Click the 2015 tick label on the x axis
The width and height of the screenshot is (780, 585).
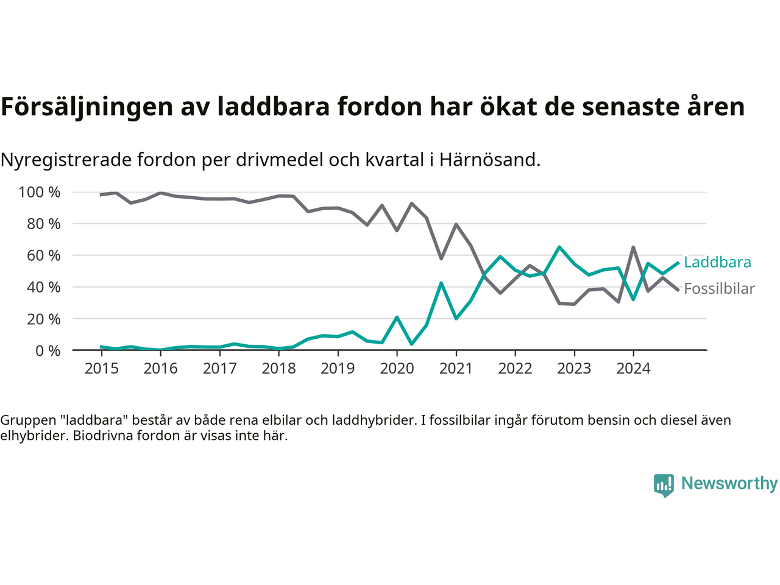[101, 369]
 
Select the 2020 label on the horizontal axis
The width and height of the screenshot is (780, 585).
[397, 369]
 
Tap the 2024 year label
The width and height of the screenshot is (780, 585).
[633, 369]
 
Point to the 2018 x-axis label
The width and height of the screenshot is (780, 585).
[278, 369]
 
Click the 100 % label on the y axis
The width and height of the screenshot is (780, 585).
[40, 193]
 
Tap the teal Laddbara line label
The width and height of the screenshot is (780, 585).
[717, 263]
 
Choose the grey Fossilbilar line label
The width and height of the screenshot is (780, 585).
[719, 289]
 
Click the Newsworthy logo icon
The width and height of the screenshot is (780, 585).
[664, 485]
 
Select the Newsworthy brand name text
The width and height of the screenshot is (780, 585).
[729, 484]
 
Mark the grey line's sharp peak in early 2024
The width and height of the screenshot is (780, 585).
[633, 247]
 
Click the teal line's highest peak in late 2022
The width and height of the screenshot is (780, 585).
[559, 247]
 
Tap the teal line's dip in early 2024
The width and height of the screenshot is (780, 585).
[633, 299]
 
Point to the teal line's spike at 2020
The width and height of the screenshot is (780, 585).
[397, 317]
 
